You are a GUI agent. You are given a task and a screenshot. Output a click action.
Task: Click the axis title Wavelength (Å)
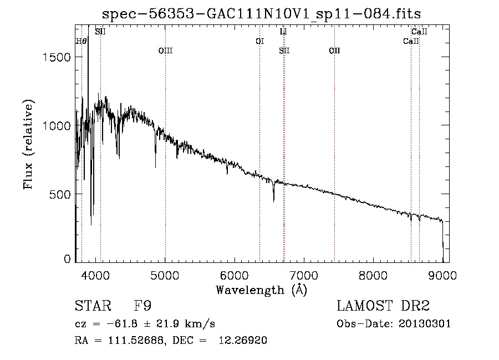click(x=262, y=289)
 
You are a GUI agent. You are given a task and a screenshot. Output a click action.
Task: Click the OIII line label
click(x=165, y=50)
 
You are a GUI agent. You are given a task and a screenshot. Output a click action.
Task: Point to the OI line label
click(x=259, y=41)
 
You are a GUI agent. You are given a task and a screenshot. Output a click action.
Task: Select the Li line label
click(x=283, y=32)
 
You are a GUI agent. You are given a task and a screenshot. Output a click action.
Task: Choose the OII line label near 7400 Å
click(x=334, y=50)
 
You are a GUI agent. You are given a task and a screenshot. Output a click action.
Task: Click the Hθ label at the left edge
click(x=81, y=41)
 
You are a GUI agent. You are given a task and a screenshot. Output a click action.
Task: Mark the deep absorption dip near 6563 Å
click(x=273, y=199)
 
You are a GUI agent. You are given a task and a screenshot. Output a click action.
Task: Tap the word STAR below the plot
click(x=89, y=306)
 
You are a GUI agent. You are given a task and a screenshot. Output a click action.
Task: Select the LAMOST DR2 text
click(x=383, y=306)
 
